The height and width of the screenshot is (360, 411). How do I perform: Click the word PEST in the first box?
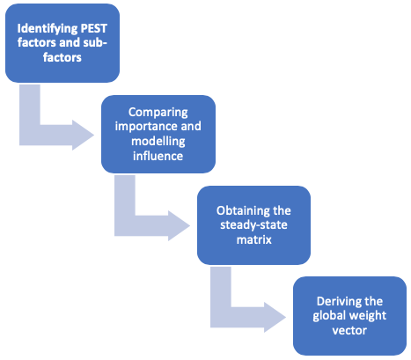point(93,28)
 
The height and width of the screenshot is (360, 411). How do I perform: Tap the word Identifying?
point(47,29)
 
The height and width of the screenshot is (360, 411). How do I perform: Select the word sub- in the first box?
point(94,42)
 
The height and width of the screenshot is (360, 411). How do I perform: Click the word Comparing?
point(158,113)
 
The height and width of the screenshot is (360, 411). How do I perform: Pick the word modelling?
point(158,142)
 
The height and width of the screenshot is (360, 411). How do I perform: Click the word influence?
point(158,156)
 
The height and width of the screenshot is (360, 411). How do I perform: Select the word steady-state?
point(253,225)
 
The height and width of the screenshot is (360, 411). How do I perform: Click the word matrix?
point(254,240)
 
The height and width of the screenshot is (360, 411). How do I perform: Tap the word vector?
point(349,331)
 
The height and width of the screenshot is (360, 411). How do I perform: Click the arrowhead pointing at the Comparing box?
point(83,136)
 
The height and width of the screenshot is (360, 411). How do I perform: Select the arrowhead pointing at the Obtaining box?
point(179,225)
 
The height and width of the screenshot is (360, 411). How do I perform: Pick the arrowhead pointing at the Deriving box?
point(275,317)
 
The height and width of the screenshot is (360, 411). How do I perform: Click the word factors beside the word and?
point(37,42)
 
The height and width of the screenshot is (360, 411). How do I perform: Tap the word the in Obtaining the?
point(282,210)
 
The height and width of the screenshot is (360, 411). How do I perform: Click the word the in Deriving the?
point(373,301)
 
